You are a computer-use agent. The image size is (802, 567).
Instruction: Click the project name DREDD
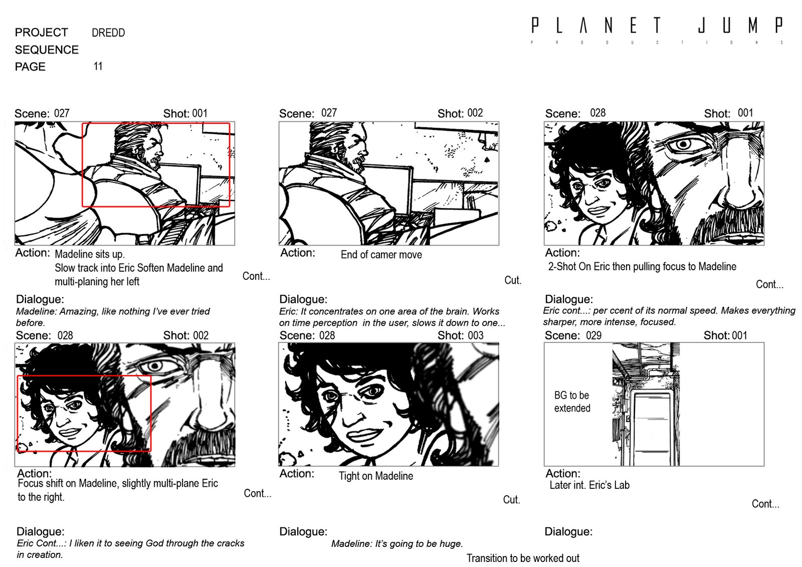(108, 33)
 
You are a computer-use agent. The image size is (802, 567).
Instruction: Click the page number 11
(98, 66)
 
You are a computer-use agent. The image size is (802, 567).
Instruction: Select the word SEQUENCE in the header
(47, 50)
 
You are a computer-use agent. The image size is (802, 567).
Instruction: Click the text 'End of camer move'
(381, 255)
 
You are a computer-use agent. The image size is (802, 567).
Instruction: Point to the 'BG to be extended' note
(572, 402)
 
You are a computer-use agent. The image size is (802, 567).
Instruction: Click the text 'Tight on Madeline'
(375, 476)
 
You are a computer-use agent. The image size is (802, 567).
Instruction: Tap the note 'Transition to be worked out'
(522, 558)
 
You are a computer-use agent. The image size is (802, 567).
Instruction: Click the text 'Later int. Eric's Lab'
(589, 485)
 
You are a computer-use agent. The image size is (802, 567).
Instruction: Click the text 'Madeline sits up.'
(90, 254)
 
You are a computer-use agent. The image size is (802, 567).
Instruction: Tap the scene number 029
(593, 335)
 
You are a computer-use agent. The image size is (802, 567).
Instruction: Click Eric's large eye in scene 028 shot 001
(684, 145)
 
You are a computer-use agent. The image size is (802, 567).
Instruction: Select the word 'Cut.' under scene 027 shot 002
(513, 280)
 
